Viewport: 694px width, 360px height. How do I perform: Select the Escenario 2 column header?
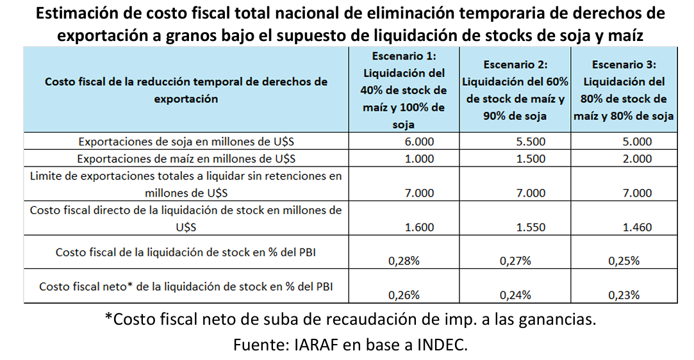(516, 90)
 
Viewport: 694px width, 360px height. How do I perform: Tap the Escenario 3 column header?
(624, 90)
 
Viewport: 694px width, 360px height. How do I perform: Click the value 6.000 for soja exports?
(420, 142)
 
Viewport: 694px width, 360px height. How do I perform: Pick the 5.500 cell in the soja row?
(531, 142)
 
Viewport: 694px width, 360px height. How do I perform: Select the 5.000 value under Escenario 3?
(638, 142)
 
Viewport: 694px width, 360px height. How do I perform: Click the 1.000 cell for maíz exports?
(420, 159)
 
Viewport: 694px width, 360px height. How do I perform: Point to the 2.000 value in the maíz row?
(638, 159)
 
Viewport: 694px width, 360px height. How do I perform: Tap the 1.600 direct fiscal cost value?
(420, 227)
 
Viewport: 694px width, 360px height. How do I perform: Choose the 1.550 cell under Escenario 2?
(531, 227)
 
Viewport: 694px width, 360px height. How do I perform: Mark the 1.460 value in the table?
(638, 227)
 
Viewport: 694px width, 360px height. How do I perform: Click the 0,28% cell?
(404, 261)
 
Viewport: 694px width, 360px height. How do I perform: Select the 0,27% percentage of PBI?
(515, 261)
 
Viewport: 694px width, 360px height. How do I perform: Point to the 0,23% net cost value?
(624, 295)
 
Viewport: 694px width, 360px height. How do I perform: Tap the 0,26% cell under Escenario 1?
(404, 295)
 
